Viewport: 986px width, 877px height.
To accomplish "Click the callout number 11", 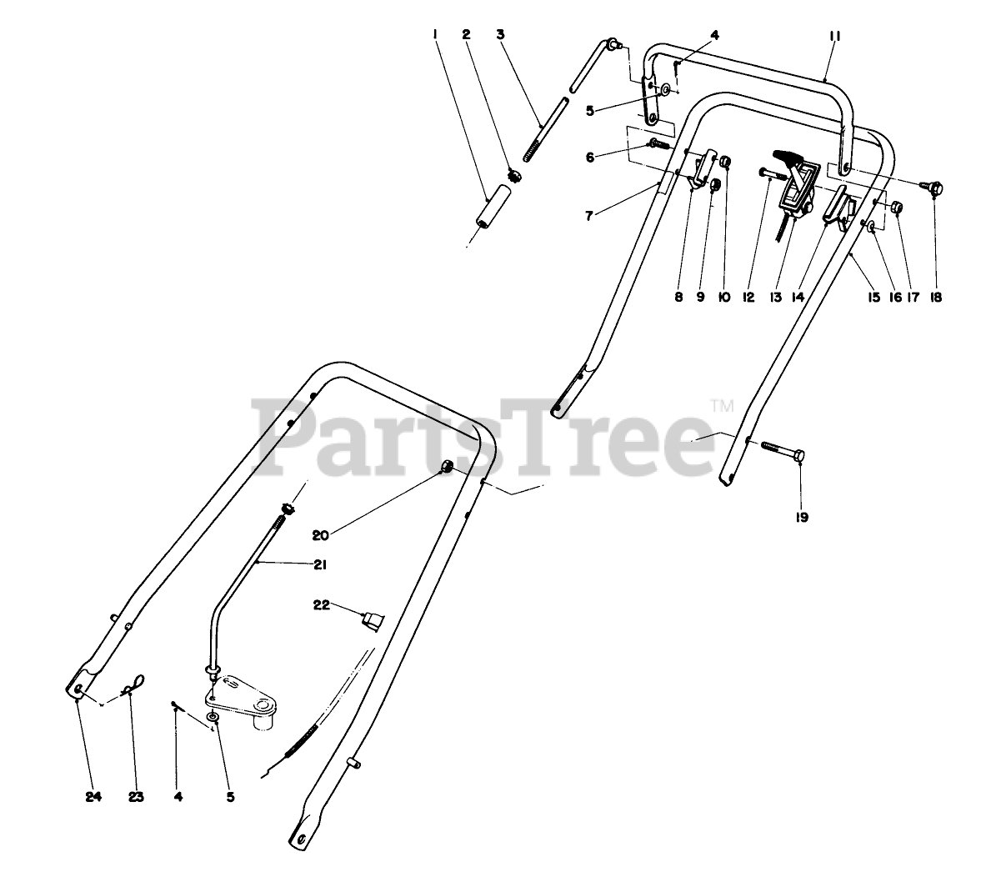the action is pos(835,36).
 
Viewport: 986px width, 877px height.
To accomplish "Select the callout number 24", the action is pos(93,797).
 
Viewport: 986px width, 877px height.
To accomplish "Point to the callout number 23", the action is pos(136,797).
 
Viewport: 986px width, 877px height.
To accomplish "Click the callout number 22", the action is pos(321,604).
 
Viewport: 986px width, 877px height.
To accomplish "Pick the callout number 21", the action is pos(319,564).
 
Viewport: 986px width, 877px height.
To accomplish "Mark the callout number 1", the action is pos(435,34).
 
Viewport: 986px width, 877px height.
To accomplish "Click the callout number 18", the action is pos(936,297).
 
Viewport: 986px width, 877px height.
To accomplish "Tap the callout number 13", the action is pos(776,297).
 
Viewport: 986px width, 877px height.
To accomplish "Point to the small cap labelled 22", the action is pos(372,620).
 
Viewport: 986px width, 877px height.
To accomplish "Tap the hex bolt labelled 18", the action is pos(930,188).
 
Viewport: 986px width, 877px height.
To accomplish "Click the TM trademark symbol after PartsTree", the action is pos(721,406).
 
